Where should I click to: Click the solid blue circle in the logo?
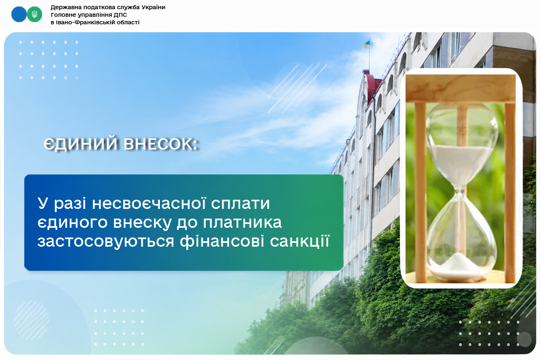click(x=19, y=15)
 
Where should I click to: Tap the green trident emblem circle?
click(x=35, y=15)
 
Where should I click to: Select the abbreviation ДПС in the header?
click(x=120, y=15)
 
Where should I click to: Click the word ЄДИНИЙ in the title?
click(x=81, y=144)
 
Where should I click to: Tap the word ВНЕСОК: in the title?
click(x=161, y=144)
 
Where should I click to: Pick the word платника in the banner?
click(x=242, y=222)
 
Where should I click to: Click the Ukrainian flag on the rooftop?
click(x=367, y=44)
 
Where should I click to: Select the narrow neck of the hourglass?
click(x=460, y=190)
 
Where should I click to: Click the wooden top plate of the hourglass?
click(x=461, y=88)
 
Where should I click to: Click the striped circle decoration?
click(x=31, y=320)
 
